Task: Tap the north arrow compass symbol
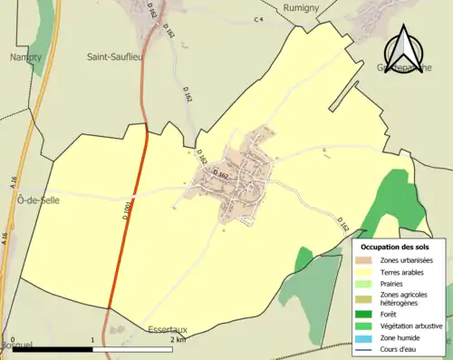(x=405, y=44)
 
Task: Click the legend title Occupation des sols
(x=395, y=247)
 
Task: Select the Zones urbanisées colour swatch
(x=368, y=261)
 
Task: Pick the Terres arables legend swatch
(x=368, y=272)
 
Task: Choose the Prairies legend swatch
(x=368, y=283)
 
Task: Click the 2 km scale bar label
(x=178, y=340)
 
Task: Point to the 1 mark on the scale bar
(x=92, y=340)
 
